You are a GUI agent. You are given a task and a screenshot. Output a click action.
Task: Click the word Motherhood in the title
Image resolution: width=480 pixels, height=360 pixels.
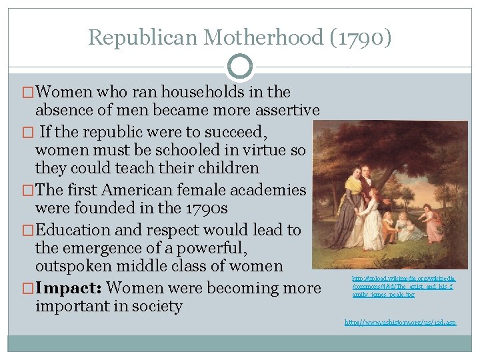pos(264,37)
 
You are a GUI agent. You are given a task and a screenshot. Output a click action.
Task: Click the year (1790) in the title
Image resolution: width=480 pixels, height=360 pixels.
pos(361,37)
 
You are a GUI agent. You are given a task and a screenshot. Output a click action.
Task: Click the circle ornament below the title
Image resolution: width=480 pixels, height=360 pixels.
pos(240,67)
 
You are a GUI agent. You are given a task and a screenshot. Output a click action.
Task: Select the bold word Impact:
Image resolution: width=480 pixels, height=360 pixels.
pos(70,288)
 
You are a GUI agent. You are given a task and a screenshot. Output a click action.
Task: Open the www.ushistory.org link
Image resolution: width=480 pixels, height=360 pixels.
pos(400,322)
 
